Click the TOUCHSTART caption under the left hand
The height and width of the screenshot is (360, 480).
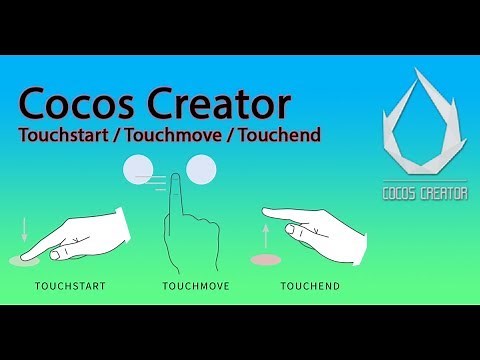click(x=70, y=287)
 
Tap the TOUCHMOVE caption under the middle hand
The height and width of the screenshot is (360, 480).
click(x=196, y=287)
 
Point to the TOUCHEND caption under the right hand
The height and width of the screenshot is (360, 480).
click(x=309, y=287)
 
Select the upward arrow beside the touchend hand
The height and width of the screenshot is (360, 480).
click(x=266, y=236)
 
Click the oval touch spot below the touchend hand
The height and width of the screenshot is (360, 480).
click(x=266, y=260)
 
